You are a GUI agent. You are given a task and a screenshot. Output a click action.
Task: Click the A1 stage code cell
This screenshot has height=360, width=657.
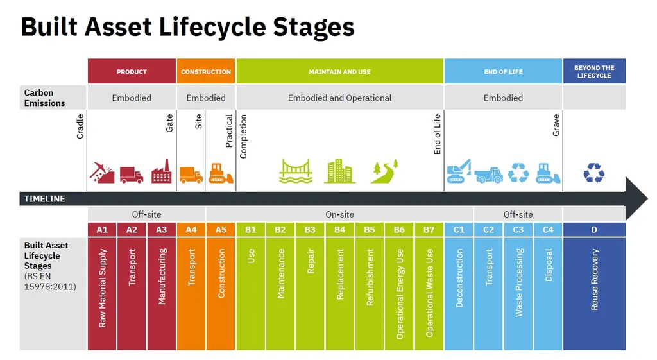coord(102,229)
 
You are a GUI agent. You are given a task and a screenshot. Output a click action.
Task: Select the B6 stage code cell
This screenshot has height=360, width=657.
coord(399,229)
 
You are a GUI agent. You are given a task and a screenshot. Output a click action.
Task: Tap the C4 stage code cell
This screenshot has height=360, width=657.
coord(548,229)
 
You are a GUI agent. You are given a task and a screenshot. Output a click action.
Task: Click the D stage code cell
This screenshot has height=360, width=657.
coord(594,229)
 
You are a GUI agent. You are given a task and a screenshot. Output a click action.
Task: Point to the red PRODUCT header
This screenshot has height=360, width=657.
coord(132,71)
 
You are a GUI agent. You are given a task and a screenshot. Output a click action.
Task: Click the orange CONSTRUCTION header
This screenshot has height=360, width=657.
coord(206,71)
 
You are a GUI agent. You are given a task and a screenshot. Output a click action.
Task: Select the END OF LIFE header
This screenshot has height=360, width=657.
coord(503,71)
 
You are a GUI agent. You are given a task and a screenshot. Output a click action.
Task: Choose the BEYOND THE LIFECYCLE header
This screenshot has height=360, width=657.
coord(594,71)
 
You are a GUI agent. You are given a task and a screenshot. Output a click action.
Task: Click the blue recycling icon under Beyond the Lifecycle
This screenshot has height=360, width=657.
coord(594,172)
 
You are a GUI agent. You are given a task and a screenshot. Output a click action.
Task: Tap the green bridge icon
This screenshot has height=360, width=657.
coord(296,172)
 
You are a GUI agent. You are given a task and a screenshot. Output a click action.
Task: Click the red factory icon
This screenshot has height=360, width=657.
coord(161,172)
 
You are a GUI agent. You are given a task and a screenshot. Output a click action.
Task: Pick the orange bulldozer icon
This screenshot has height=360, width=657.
coord(221,173)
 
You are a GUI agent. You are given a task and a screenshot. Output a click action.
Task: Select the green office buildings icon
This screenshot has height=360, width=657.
coord(339,171)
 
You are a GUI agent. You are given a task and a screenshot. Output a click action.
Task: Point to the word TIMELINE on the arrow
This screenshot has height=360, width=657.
coord(44,199)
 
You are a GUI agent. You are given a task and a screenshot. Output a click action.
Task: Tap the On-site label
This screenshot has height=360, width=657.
coord(339,214)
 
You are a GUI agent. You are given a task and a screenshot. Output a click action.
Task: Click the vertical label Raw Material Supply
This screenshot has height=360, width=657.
coord(103,288)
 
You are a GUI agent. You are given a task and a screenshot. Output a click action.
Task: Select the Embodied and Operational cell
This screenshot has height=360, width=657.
coord(339,98)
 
